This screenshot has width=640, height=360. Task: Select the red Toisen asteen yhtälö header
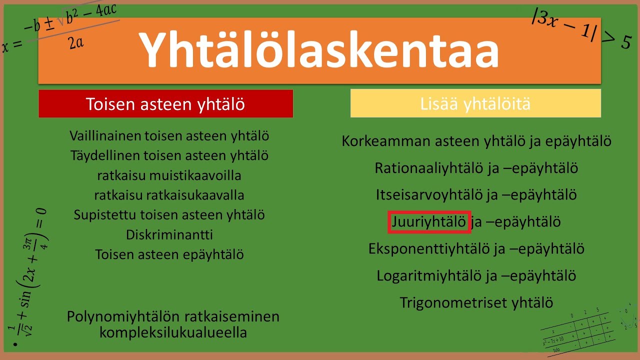pos(165,104)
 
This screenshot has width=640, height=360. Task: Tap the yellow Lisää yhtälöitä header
pos(475,103)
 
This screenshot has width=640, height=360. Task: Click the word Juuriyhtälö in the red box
pos(428,221)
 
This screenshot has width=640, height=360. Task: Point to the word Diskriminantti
pos(169,234)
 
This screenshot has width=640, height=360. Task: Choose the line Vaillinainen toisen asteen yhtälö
pos(169,135)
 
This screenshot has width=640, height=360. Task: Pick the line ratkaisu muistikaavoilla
pos(169,175)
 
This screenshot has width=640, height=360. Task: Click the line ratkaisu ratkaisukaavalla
pos(169,195)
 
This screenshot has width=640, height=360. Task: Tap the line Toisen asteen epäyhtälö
pos(169,254)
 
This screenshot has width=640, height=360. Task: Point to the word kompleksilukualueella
pos(173,332)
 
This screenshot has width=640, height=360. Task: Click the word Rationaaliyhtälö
pos(429,168)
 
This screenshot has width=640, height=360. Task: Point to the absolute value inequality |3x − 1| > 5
pos(582,29)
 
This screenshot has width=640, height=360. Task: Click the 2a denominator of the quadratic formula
pos(76,43)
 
